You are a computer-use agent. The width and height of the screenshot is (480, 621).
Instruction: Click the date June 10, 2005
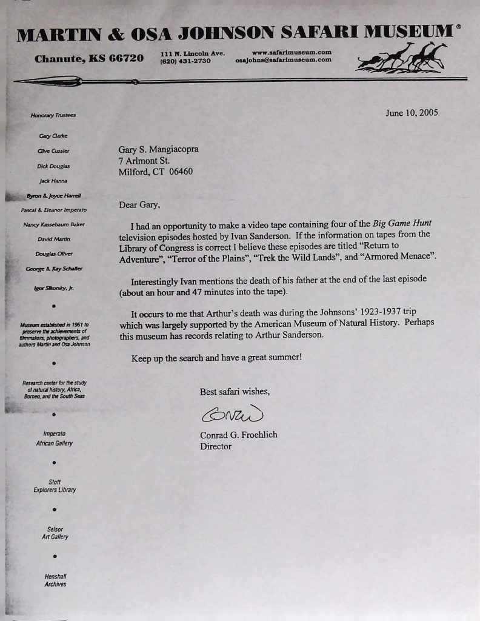point(412,113)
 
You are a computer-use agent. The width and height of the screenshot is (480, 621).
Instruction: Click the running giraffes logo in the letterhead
point(402,56)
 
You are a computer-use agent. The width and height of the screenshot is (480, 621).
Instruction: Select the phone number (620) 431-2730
point(185,61)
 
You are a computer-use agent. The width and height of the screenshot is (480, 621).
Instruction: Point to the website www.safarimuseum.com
point(291,52)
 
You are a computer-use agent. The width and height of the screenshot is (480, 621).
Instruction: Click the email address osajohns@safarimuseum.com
point(283,59)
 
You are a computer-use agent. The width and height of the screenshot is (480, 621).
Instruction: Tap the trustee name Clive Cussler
point(54,151)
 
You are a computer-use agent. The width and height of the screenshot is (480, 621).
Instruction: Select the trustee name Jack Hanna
point(53,181)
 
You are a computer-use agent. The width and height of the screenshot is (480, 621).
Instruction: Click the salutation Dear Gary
point(139,205)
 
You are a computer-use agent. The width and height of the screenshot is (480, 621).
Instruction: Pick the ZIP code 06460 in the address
point(181,172)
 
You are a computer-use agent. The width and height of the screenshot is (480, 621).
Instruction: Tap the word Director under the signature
point(215,446)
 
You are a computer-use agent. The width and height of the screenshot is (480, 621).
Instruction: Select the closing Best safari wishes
point(235,392)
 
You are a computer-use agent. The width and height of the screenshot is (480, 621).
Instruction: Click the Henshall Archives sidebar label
point(55,580)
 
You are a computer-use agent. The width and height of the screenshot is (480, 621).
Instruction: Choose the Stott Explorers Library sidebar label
point(55,486)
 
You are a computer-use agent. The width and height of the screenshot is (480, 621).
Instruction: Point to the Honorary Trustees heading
point(53,115)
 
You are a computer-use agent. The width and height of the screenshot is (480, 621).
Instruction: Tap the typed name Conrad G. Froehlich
point(238,435)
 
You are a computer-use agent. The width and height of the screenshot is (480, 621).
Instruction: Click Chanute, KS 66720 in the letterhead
point(89,59)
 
